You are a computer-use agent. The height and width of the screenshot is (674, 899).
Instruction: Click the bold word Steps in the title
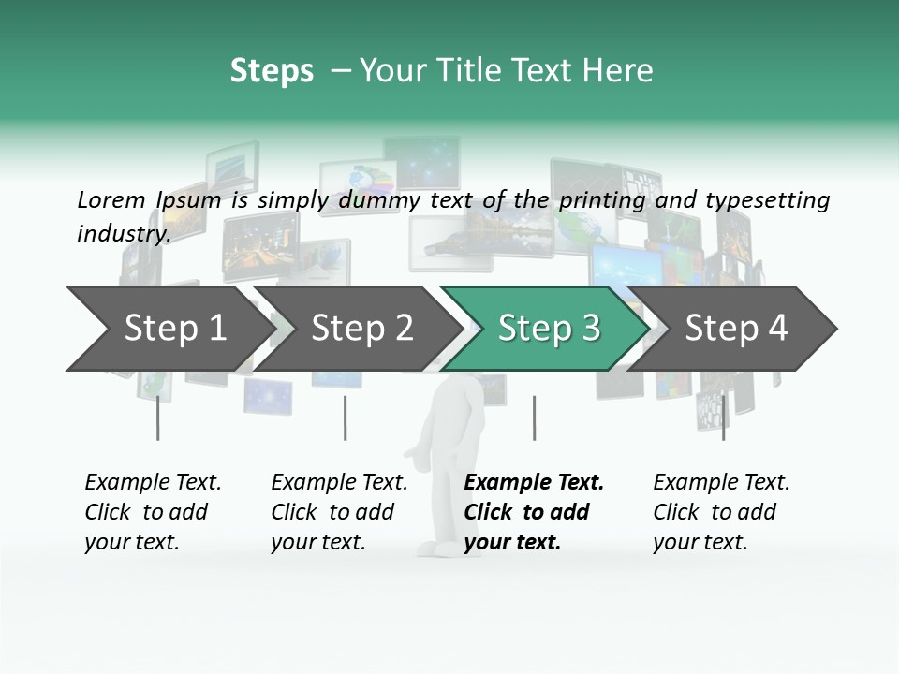[x=272, y=70]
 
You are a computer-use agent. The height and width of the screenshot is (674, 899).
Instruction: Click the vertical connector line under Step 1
[x=157, y=418]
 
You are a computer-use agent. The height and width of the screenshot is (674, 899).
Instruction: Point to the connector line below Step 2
[x=346, y=418]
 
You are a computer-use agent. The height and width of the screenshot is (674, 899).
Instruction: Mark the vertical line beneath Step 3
[x=534, y=418]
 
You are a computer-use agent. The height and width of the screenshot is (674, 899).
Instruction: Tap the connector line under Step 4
[x=723, y=418]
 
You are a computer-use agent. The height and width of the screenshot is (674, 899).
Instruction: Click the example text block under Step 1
[x=153, y=512]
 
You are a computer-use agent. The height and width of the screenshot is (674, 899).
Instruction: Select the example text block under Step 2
[x=339, y=512]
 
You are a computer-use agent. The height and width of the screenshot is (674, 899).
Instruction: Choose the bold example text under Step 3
[x=534, y=512]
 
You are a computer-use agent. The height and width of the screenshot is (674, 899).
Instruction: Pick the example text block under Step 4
[x=721, y=512]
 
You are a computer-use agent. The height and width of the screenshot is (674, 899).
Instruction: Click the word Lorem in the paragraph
[x=111, y=199]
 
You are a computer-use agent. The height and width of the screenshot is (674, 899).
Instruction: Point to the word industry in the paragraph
[x=124, y=234]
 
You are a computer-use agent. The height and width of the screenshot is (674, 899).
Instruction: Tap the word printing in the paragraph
[x=602, y=200]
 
